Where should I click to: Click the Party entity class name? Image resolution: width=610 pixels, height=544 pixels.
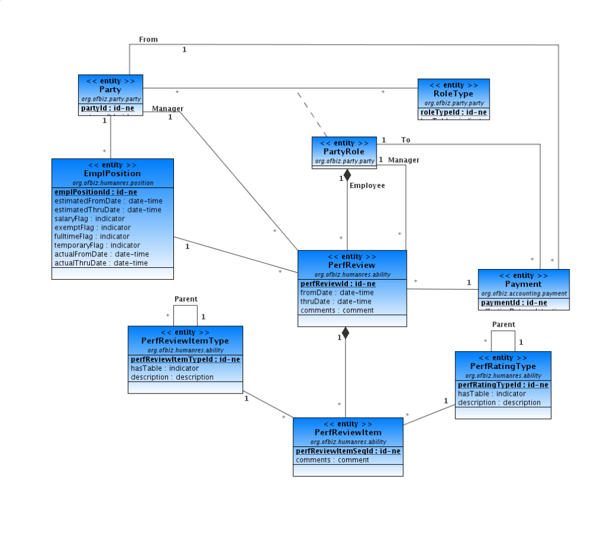pos(110,90)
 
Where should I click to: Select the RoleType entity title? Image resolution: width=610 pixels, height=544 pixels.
pos(453,94)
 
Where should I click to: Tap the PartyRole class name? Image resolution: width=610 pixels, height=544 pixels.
pos(344,152)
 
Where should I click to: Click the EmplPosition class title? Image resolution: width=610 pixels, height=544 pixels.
pos(113,174)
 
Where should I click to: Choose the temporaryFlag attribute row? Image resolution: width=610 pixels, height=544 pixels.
pos(97,245)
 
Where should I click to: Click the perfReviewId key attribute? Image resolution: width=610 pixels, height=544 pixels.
pos(338,284)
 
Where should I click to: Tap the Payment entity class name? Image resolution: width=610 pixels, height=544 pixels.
pos(523,284)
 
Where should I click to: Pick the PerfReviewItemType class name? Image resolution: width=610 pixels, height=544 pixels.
pos(185,341)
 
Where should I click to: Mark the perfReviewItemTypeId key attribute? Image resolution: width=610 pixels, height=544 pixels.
pos(185,359)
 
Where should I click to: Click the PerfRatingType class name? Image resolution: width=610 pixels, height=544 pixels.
pos(503,367)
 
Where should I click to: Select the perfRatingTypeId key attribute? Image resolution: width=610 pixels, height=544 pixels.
pos(503,385)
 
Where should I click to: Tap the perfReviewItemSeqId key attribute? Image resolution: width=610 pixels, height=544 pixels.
pos(348,451)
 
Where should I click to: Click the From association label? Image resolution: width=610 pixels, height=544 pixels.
pos(148,39)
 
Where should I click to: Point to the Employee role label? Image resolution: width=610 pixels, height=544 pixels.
pos(367,186)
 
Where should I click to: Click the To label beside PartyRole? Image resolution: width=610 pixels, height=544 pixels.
pos(406,140)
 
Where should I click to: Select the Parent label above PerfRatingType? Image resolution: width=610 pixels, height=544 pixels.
pos(503,324)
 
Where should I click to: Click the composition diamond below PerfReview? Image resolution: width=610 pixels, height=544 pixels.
pos(346,333)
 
